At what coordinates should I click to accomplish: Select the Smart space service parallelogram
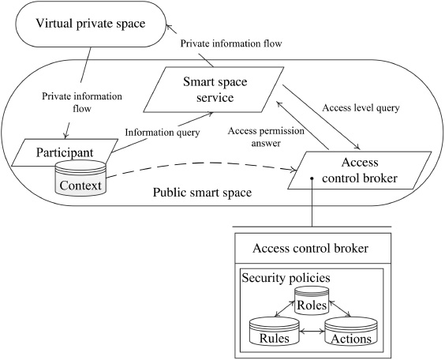click(209, 89)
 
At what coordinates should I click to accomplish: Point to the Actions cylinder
click(352, 331)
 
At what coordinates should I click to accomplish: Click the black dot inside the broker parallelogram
click(312, 178)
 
